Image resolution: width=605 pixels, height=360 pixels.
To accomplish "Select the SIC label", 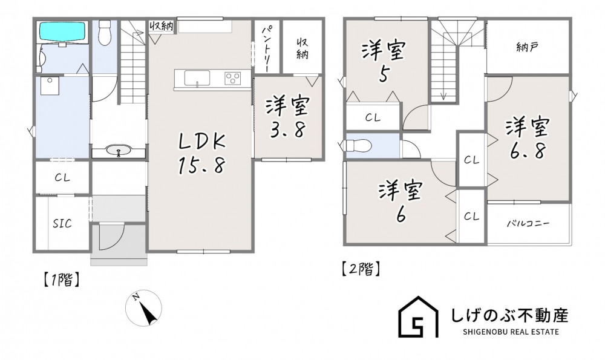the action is coord(62,223).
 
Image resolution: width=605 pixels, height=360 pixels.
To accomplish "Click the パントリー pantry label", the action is coord(267,48).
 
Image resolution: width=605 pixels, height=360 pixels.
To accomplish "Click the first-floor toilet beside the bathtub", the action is coord(105,32).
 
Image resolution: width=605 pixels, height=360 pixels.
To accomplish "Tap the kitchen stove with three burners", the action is coord(233,78).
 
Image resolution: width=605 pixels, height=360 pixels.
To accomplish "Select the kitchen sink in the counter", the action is coord(197,78).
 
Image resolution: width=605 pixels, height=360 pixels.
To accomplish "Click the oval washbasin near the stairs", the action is coord(119,151).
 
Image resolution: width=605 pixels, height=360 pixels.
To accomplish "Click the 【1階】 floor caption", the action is coord(61,280).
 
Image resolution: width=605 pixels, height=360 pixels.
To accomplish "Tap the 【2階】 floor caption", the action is coord(361,269).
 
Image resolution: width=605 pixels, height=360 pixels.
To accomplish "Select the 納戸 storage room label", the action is coord(527,47).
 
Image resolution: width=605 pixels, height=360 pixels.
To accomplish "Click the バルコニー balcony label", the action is coord(528,223).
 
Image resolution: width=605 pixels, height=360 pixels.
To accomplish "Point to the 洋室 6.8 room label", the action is coord(528,139).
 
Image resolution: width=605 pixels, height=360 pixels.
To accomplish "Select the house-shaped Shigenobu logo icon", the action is coord(419,317).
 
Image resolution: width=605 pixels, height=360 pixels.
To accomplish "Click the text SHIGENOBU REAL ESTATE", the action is coord(510,332).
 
